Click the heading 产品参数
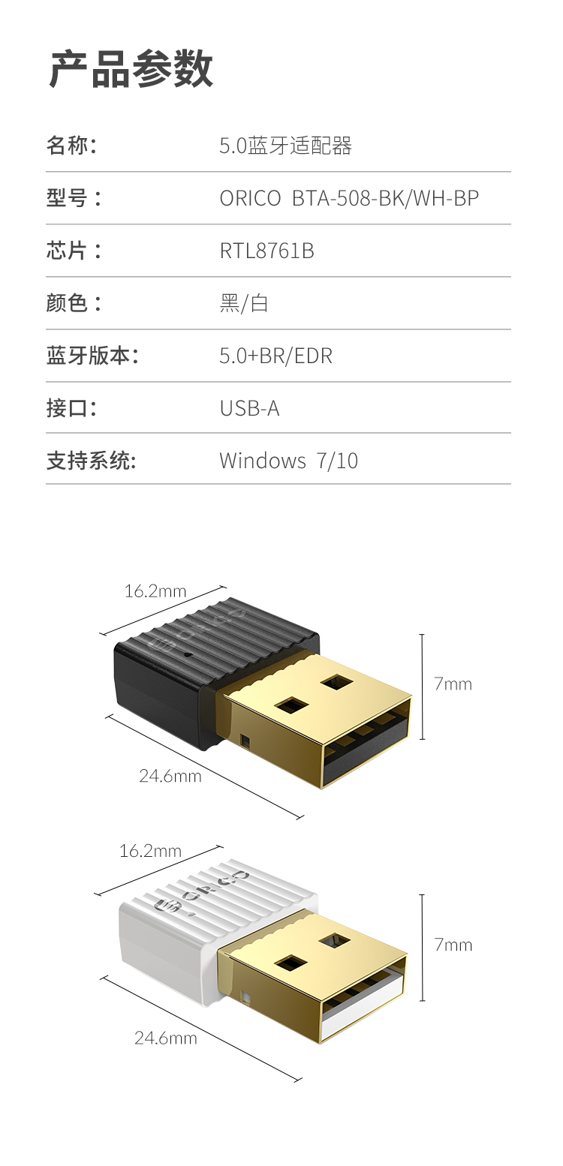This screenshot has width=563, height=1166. [x=131, y=69]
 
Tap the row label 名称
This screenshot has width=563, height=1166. [x=71, y=145]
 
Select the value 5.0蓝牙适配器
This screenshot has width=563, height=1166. [x=285, y=146]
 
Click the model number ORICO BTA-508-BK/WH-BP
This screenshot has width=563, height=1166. [x=349, y=198]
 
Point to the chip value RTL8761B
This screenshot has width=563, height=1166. [x=266, y=251]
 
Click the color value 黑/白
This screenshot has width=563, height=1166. [x=243, y=303]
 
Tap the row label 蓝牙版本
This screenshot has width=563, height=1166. [x=92, y=356]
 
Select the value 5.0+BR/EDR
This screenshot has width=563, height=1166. [x=275, y=356]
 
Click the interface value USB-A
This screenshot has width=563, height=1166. [x=249, y=408]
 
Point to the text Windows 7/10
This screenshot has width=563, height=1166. [x=288, y=460]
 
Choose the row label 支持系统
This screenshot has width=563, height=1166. [x=91, y=460]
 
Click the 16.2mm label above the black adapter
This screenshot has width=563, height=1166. [x=155, y=591]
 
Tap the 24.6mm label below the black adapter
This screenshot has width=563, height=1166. [x=170, y=776]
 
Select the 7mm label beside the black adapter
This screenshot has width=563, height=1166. [x=453, y=684]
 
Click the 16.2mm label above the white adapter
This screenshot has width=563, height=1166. [x=150, y=851]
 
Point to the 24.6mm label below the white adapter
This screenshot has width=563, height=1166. [x=166, y=1038]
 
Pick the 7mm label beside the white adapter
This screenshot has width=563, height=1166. [x=453, y=945]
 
